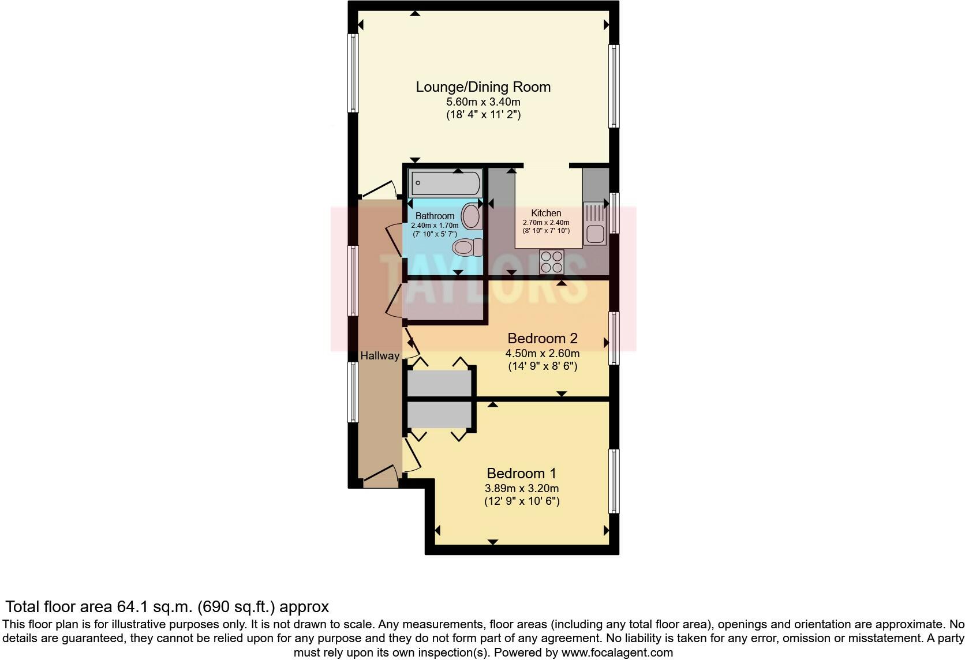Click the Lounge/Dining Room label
coord(483,87)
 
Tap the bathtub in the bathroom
coord(445,183)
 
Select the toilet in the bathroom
coord(468,248)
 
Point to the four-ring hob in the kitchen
coord(551,262)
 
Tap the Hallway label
coord(379,356)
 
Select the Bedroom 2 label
coord(542,338)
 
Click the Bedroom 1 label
coord(521,474)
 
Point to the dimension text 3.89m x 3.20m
coord(521,488)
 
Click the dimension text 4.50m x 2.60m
coord(542,353)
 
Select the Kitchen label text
coord(546,213)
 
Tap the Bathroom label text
coord(435,216)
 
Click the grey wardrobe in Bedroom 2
coord(440,384)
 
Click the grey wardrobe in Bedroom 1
coord(440,415)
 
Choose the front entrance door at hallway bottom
coord(379,477)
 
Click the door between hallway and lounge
coord(376,189)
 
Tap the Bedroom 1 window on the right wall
coord(614,481)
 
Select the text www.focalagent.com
coord(616,652)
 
